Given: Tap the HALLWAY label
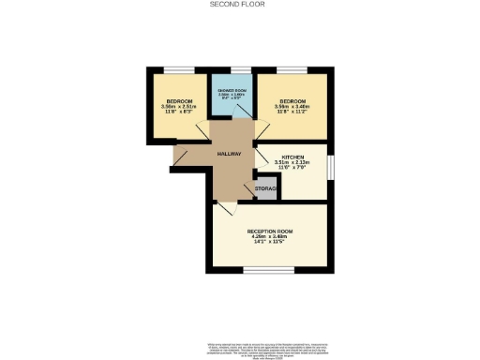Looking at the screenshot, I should point(230,154).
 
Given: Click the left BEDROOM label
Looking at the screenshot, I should point(179,100).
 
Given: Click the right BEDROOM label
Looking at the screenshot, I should point(292,100).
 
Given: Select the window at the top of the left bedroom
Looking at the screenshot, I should point(179,68).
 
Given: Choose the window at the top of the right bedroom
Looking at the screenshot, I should point(292,68).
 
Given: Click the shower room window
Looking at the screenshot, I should point(231,68).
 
